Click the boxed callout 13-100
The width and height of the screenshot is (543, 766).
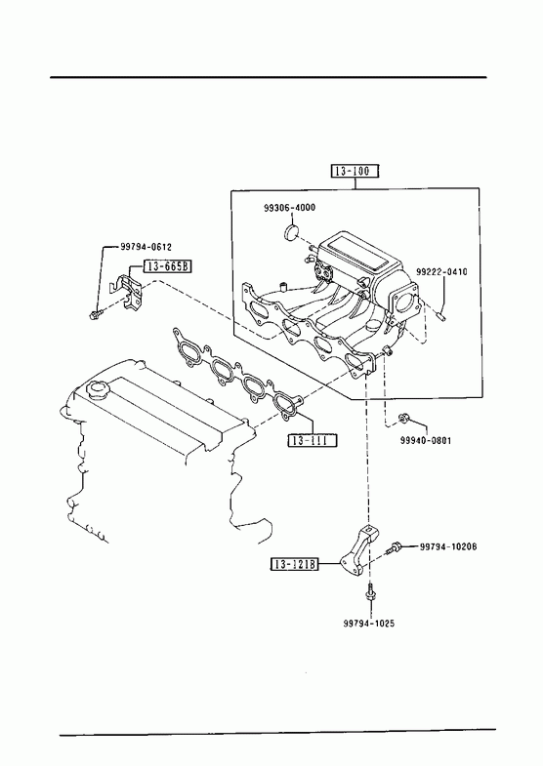coord(355,171)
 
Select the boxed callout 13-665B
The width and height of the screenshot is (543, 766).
coord(167,266)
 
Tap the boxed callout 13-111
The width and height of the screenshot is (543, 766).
coord(313,440)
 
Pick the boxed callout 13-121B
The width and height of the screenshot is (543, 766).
coord(295,565)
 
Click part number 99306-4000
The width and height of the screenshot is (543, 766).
coord(289,208)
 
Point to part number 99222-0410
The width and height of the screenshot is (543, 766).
coord(441,271)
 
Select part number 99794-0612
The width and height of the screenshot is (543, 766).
coord(146,247)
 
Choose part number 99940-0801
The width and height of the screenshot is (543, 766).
coord(426,441)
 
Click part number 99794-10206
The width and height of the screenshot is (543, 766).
coord(448,546)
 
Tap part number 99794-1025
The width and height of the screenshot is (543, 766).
coord(368,624)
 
